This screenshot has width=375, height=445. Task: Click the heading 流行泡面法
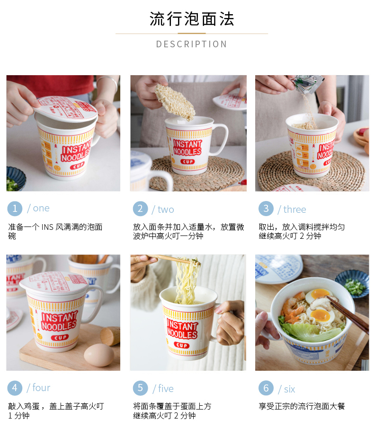192,19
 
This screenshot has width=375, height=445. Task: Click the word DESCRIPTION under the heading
192,44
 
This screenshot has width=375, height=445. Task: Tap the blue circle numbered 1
15,209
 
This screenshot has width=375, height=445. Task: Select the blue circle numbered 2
140,209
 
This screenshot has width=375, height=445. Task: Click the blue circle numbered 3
266,209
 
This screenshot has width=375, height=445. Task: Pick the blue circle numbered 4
15,388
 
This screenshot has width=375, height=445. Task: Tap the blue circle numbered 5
140,388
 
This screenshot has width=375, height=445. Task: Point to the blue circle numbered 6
266,388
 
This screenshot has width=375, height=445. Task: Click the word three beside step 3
295,209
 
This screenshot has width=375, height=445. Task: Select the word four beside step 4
41,388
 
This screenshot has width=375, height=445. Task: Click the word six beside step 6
289,389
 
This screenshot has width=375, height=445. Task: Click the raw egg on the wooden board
99,355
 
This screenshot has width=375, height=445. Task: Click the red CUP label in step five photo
182,345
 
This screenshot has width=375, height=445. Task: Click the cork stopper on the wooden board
110,336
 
